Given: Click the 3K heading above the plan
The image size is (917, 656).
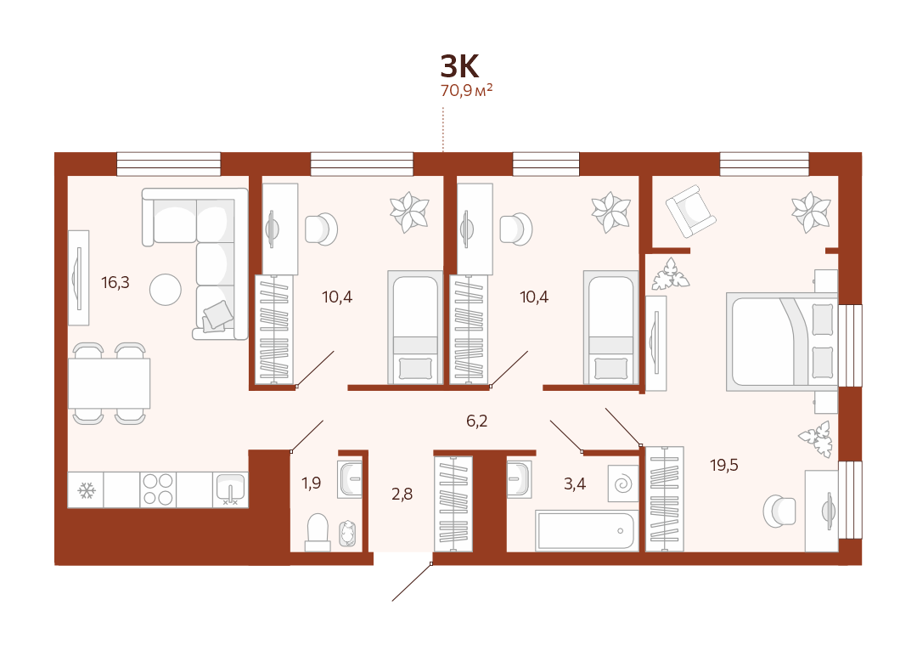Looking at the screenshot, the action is tap(459, 66).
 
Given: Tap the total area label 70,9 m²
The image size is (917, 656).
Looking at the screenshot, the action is tap(466, 90).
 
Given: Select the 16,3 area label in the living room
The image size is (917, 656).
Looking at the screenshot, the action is tap(115, 283).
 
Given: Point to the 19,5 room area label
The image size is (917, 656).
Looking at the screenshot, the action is tap(724, 465).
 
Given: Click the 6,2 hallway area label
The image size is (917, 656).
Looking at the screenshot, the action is tap(476, 421).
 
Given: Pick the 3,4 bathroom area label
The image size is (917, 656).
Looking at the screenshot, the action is tap(574, 484).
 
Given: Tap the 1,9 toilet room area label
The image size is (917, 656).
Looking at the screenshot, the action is tap(311, 483).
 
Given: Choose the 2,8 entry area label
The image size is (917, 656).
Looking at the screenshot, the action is tap(402, 494).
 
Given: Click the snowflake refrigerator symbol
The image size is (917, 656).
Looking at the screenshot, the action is tap(87, 490).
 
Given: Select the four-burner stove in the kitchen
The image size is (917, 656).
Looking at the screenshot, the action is tap(158, 489).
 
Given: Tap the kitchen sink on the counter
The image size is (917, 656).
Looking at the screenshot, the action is tap(230, 489).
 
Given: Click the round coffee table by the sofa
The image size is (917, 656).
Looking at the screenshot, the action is tap(166, 290).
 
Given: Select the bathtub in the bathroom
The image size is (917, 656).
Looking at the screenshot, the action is tap(587, 531).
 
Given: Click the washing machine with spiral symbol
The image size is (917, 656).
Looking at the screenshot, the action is tap(623, 484).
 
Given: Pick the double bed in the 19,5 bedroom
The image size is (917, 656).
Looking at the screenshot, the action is tap(782, 342).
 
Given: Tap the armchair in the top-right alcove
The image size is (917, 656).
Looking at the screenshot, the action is tap(690, 211).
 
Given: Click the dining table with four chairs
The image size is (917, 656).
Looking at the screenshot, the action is tap(110, 383).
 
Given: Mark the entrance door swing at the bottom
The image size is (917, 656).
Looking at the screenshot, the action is tap(412, 582).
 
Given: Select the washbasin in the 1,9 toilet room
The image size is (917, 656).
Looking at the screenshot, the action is tap(350, 478).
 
